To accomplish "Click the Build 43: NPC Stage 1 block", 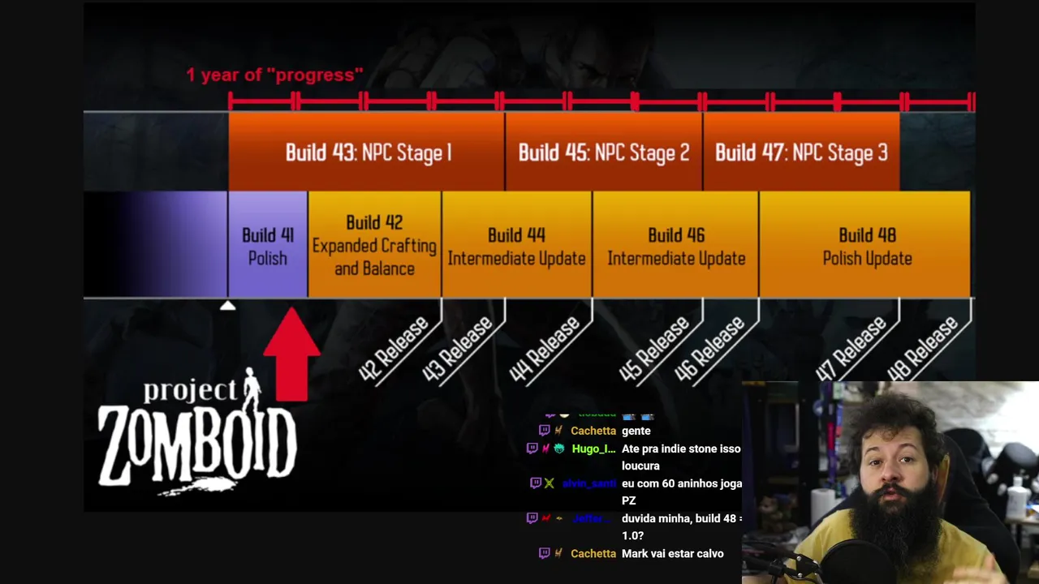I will [x=367, y=152].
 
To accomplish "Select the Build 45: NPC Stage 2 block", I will [x=604, y=152].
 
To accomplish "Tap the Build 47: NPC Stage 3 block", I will [x=801, y=152].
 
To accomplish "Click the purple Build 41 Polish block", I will [x=268, y=246].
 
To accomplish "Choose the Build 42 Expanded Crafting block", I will [x=374, y=245].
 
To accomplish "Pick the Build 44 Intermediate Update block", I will [x=516, y=246].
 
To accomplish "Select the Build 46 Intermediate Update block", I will [x=676, y=246].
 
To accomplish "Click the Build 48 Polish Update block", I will [x=867, y=246].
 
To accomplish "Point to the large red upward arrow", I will [x=291, y=354].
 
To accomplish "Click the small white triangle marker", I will [x=228, y=306].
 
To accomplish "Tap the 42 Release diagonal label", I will [x=394, y=349].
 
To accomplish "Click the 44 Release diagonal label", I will [x=545, y=349].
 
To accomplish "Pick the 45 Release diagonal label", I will [x=655, y=349].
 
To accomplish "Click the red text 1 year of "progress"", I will [x=274, y=75].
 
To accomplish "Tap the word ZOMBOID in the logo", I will [x=197, y=444].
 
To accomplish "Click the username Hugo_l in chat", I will [x=593, y=449].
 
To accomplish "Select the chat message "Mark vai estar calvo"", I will [x=672, y=553].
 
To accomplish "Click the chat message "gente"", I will [x=636, y=431].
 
